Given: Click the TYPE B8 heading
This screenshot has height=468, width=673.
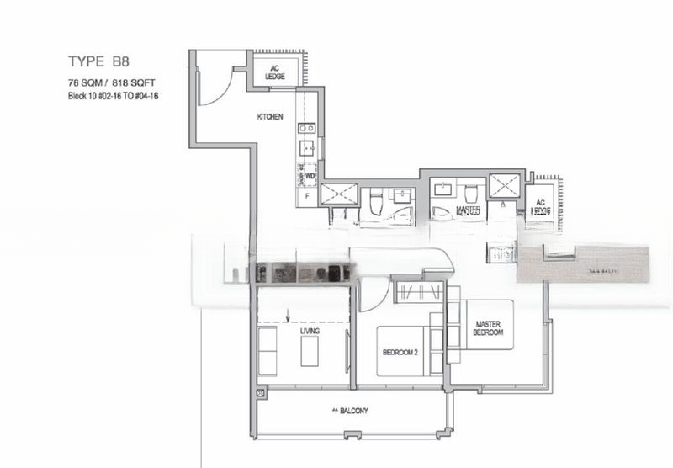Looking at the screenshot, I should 100,61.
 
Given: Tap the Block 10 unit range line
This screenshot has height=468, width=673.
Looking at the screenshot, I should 114,97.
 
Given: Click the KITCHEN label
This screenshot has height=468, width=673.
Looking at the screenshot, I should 269,116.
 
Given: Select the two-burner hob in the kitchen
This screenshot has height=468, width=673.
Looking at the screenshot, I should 307,129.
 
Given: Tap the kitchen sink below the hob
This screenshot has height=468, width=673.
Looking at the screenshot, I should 307,149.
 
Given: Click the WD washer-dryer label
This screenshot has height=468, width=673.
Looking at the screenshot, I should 310,176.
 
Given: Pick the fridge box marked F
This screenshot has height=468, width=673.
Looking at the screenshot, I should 307,196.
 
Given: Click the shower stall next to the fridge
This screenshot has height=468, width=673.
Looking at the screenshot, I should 338,194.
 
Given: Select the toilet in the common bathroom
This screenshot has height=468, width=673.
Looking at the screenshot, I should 376,202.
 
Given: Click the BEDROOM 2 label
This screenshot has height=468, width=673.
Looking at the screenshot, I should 400,352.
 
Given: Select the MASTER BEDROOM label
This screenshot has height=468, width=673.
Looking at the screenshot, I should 489,328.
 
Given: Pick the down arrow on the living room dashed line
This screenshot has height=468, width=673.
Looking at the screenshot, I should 289,317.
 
